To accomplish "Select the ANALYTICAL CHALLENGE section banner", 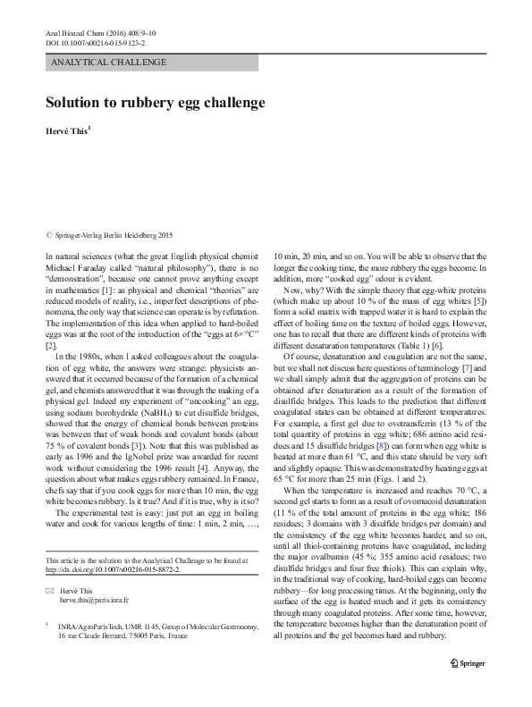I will pyautogui.click(x=110, y=62).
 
